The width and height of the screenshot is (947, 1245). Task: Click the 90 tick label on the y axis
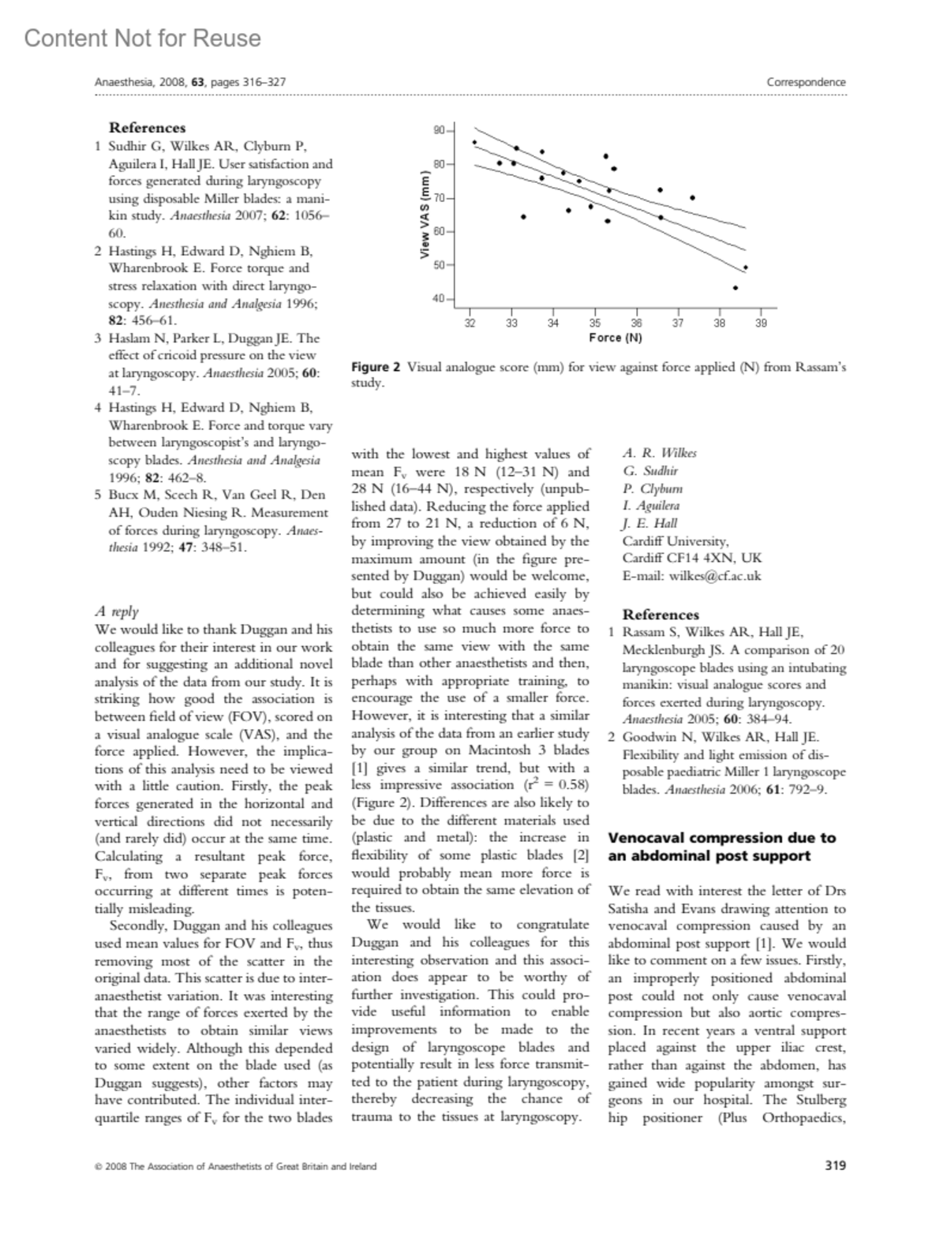coord(439,129)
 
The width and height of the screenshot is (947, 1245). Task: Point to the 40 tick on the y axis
coord(439,299)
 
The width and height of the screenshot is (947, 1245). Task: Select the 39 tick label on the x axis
coord(761,322)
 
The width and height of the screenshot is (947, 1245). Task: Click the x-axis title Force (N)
coord(616,338)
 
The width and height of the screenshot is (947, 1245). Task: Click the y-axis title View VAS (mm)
coord(425,215)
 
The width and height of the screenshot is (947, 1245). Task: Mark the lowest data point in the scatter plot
coord(736,288)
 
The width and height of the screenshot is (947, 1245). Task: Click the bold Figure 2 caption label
coord(376,367)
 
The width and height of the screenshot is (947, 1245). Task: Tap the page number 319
coord(835,1165)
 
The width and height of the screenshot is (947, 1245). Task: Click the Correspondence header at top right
coord(806,82)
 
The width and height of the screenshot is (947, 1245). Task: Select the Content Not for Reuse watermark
coord(142,38)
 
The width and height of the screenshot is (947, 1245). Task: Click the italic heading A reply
coord(116,611)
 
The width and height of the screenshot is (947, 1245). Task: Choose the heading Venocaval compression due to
coord(721,838)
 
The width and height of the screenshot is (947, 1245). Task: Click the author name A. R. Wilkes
coord(660,453)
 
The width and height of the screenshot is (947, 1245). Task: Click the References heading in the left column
coord(147,128)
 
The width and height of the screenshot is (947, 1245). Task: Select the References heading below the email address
coord(661,615)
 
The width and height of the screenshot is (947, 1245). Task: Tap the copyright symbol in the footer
coord(98,1166)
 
